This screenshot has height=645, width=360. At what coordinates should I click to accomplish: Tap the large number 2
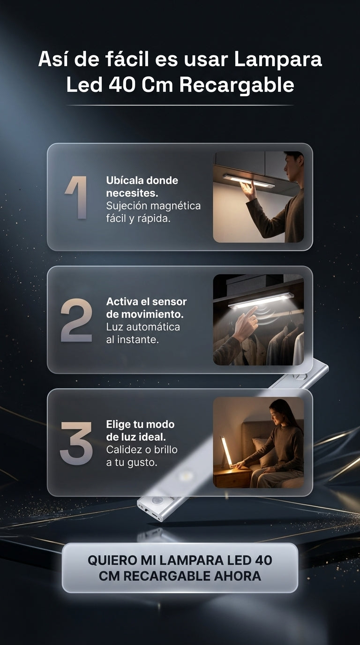click(x=76, y=320)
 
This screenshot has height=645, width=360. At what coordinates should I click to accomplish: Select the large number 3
click(x=76, y=443)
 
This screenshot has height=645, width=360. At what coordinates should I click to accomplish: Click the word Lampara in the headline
click(x=277, y=60)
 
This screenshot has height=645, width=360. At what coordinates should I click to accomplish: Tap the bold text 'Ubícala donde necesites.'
click(x=142, y=187)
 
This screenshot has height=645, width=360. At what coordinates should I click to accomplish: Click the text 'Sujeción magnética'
click(x=153, y=206)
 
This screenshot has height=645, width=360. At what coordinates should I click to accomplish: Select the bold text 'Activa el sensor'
click(x=146, y=301)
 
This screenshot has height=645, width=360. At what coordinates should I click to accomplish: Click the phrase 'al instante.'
click(x=133, y=339)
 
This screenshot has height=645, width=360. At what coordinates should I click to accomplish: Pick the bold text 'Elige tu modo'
click(x=140, y=424)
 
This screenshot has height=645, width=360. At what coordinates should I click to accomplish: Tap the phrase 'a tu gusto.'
click(x=132, y=463)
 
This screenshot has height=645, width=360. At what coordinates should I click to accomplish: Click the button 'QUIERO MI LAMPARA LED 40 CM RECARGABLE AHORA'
click(x=180, y=568)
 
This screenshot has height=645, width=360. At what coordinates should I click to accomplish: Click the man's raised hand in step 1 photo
click(x=248, y=190)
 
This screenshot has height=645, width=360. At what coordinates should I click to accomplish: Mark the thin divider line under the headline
click(x=180, y=105)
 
